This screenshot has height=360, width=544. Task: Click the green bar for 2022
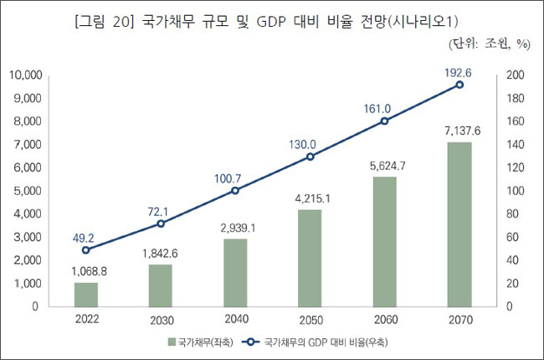(85, 295)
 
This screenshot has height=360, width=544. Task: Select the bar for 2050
(310, 258)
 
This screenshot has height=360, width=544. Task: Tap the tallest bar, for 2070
(459, 224)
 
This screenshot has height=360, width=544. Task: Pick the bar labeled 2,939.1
(235, 273)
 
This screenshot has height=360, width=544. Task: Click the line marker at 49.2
(85, 249)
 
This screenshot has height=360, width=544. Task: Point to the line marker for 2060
(385, 121)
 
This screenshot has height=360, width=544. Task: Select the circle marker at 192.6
(459, 85)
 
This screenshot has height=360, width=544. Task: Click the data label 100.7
(235, 177)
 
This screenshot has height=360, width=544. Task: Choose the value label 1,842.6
(160, 252)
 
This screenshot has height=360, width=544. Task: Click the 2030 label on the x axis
(160, 319)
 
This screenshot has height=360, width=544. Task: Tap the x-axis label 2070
(459, 319)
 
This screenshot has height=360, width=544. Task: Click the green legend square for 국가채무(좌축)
(171, 342)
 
